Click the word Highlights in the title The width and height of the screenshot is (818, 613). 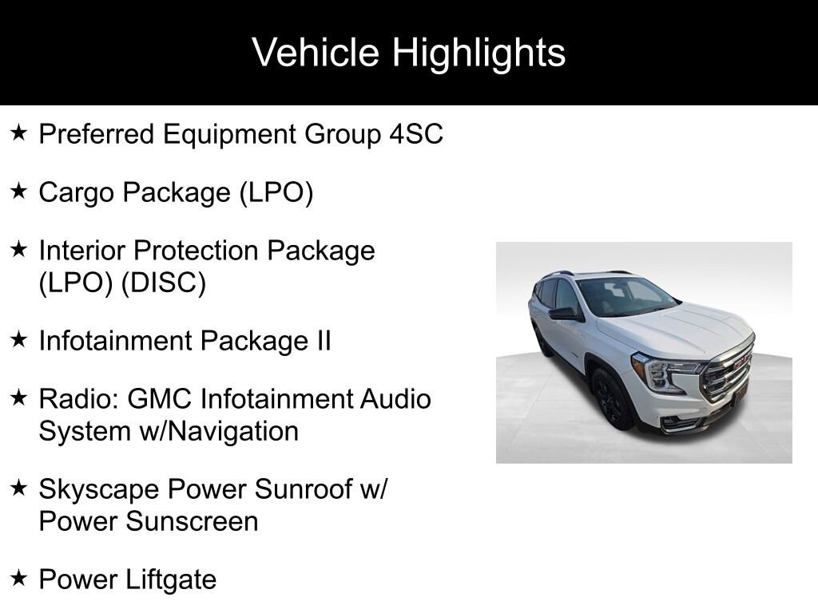pos(478,53)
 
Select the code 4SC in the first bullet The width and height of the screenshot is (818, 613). pos(415,134)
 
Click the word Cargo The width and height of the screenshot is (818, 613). pos(77,193)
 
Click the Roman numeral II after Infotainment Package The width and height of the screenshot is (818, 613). pos(323,341)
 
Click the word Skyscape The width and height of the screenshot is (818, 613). pos(98,490)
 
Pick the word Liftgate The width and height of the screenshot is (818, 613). pos(171,579)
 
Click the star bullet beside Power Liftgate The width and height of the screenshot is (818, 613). pos(19,578)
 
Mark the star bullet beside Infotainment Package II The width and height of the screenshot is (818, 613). pos(19,339)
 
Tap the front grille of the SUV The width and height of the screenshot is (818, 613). pos(727,372)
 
